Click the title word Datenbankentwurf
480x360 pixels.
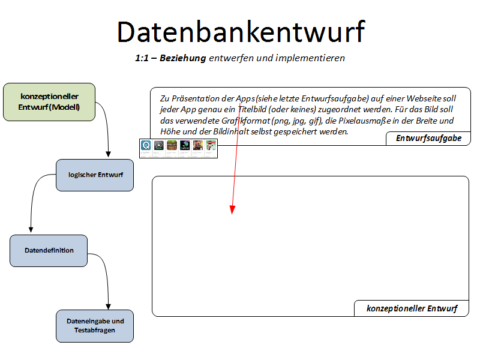pyautogui.click(x=240, y=31)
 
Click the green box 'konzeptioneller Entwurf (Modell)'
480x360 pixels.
pyautogui.click(x=49, y=102)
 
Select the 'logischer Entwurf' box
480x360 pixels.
pyautogui.click(x=95, y=175)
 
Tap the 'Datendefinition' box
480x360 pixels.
pyautogui.click(x=49, y=250)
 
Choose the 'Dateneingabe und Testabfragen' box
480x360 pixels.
pyautogui.click(x=95, y=326)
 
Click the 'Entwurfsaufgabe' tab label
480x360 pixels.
pyautogui.click(x=428, y=139)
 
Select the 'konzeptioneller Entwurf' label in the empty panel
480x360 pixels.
pyautogui.click(x=412, y=308)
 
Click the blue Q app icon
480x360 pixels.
pyautogui.click(x=145, y=145)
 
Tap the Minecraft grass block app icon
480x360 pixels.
pyautogui.click(x=172, y=145)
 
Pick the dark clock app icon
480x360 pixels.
pyautogui.click(x=158, y=145)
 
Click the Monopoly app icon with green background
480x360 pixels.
pyautogui.click(x=211, y=145)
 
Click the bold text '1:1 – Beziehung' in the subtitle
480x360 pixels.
pyautogui.click(x=171, y=58)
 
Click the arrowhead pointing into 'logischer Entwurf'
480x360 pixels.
pyautogui.click(x=108, y=155)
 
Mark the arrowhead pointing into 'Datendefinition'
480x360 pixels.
pyautogui.click(x=31, y=230)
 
